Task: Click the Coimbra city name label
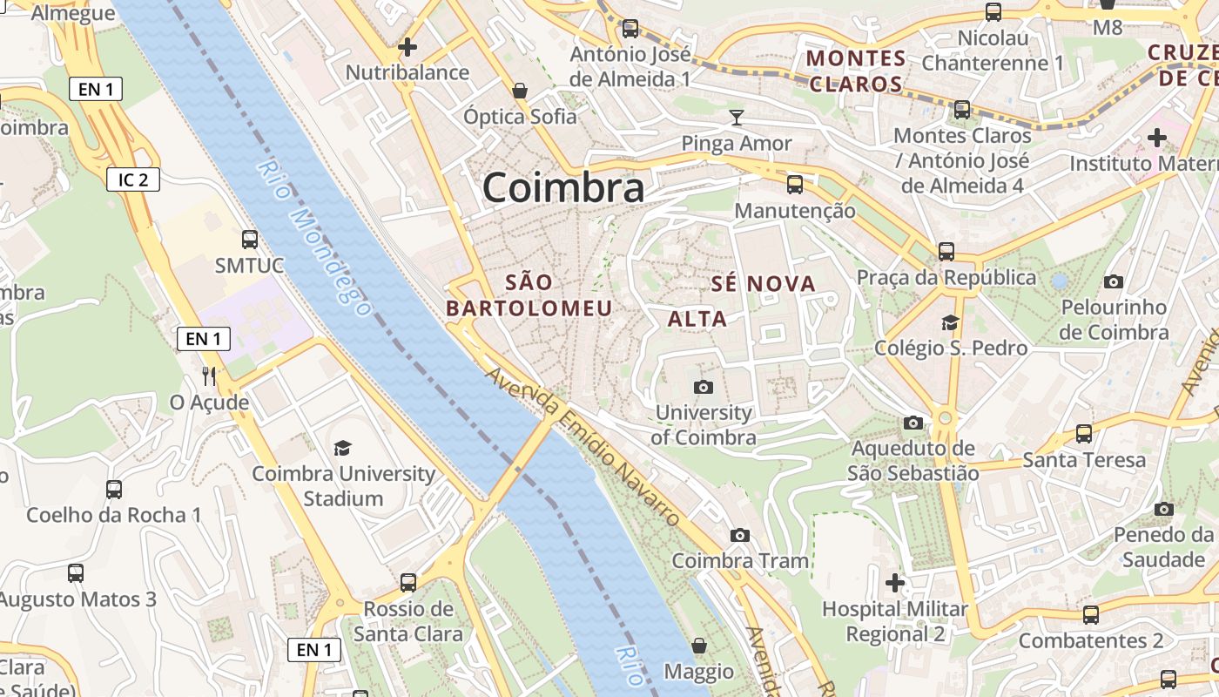point(563,187)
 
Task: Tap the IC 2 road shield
point(133,180)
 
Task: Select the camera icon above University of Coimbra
point(704,387)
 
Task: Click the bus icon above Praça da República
point(946,252)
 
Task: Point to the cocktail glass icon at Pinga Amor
point(737,118)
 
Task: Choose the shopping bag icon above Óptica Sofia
point(520,91)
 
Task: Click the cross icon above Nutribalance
point(407,47)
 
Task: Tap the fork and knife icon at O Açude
point(209,376)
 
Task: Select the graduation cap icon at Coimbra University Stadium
point(343,448)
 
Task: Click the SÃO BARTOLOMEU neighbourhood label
point(529,295)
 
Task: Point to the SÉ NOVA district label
point(763,283)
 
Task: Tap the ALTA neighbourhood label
point(697,319)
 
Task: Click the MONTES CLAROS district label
point(857,71)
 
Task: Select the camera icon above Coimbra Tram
point(740,535)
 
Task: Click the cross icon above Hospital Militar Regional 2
point(894,582)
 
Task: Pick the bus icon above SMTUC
point(250,240)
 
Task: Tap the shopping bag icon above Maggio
point(698,646)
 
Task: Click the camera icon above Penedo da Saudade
point(1163,509)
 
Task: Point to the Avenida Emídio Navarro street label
point(583,448)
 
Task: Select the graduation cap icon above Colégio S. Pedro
point(950,322)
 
